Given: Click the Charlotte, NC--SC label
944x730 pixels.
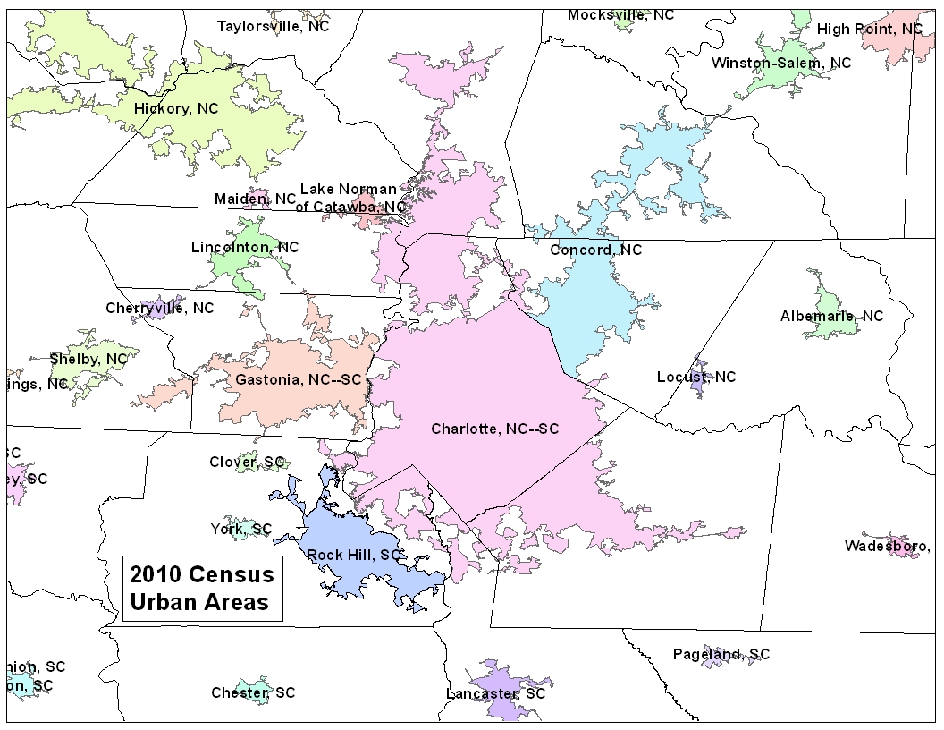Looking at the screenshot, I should [494, 429].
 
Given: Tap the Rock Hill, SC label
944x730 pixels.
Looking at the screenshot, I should [353, 555].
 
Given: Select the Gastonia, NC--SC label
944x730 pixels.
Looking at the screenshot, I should [298, 379].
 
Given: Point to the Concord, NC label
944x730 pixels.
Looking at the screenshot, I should [595, 250].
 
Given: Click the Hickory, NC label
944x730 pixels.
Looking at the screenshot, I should [176, 108].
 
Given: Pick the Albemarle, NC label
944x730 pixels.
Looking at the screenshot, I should [830, 316].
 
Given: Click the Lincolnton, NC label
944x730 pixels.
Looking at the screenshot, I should [245, 247].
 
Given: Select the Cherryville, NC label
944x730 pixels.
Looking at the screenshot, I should [159, 308].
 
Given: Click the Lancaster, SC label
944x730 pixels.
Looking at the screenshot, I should [495, 693].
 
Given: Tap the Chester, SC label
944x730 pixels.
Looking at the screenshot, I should [253, 692].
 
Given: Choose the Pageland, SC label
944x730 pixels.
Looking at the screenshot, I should [721, 654].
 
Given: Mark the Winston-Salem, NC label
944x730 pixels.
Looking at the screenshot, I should [780, 63].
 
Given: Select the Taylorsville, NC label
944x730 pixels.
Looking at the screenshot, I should [273, 26].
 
